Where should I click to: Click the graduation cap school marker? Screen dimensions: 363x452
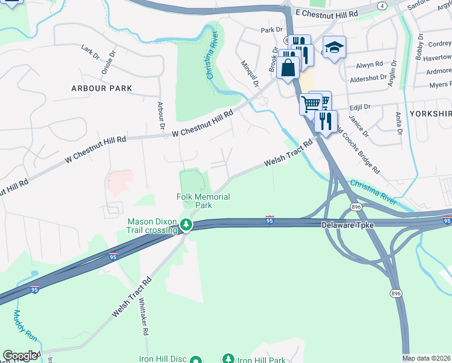[332, 48]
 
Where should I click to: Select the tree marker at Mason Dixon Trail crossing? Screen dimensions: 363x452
[187, 226]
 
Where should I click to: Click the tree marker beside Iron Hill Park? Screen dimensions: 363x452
[228, 359]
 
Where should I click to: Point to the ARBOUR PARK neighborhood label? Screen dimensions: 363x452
[102, 88]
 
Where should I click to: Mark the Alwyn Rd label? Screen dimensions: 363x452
[370, 64]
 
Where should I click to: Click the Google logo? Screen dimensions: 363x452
[21, 356]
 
